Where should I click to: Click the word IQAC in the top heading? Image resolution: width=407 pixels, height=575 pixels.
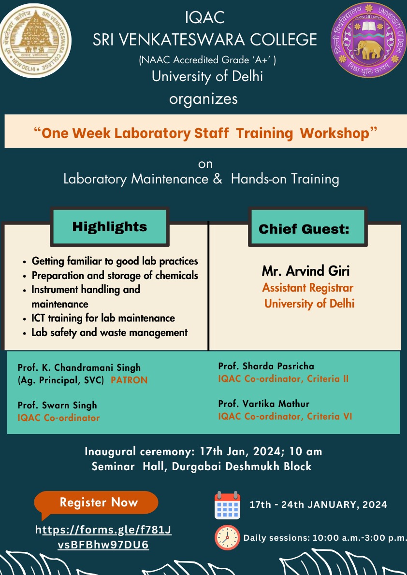[x=205, y=18]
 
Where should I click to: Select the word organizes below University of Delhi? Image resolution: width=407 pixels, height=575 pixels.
[x=203, y=99]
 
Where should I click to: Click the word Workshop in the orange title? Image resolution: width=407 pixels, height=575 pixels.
[x=334, y=133]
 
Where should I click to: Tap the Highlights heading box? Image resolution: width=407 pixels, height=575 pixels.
[x=109, y=226]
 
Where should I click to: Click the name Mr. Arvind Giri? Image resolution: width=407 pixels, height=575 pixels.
[x=305, y=271]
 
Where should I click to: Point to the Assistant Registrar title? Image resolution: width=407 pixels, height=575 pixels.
[x=307, y=288]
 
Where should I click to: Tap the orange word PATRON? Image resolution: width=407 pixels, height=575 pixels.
[x=129, y=380]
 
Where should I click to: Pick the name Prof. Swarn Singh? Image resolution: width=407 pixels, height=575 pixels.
[x=57, y=405]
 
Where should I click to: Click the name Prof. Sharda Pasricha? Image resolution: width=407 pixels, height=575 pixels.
[x=266, y=366]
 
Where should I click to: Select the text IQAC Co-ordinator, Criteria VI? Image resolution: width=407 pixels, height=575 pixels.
[x=285, y=417]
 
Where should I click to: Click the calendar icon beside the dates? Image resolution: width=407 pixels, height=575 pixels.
[x=227, y=505]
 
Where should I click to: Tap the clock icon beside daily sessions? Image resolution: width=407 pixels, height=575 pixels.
[x=227, y=538]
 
